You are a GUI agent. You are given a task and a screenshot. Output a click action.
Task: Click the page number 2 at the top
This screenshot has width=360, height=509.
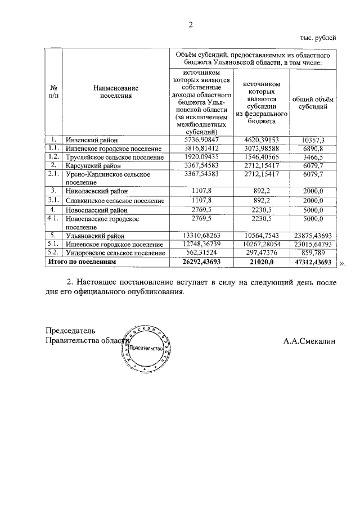pos(190,24)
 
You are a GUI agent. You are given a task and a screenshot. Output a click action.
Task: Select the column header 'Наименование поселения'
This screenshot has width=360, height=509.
pos(115,92)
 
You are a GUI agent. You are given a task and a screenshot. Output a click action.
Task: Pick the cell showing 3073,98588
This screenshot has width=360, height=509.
pos(259,148)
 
